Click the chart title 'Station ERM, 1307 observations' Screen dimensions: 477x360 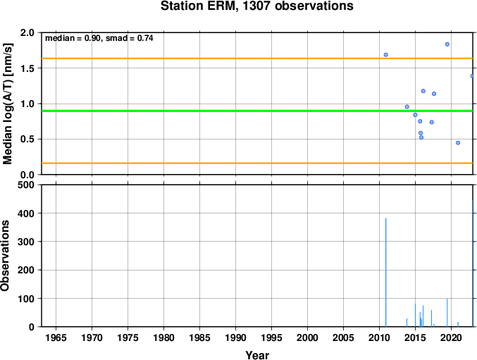pyautogui.click(x=256, y=6)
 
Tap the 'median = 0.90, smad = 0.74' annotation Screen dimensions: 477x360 pyautogui.click(x=99, y=38)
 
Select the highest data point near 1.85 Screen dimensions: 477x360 pyautogui.click(x=447, y=44)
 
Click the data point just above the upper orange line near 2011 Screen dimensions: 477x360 pyautogui.click(x=385, y=55)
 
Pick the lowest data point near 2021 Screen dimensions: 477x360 pyautogui.click(x=458, y=143)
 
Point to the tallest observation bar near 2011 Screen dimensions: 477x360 pyautogui.click(x=385, y=273)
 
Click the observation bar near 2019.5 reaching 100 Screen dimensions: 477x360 pyautogui.click(x=447, y=313)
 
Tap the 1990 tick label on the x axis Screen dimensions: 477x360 pyautogui.click(x=235, y=337)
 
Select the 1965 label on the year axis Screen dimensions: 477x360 pyautogui.click(x=56, y=337)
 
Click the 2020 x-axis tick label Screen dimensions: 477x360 pyautogui.click(x=451, y=337)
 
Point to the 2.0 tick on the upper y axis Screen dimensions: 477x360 pyautogui.click(x=27, y=32)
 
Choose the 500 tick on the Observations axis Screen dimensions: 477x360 pyautogui.click(x=26, y=185)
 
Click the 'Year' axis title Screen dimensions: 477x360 pyautogui.click(x=257, y=355)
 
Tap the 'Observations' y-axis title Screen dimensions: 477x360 pyautogui.click(x=5, y=256)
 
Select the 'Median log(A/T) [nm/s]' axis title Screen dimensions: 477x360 pyautogui.click(x=7, y=104)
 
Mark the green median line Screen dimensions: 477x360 pyautogui.click(x=257, y=111)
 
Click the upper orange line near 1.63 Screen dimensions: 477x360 pyautogui.click(x=257, y=58)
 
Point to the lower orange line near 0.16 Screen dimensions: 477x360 pyautogui.click(x=257, y=163)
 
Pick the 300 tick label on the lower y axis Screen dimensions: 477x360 pyautogui.click(x=26, y=242)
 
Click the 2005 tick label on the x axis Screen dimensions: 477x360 pyautogui.click(x=343, y=337)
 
